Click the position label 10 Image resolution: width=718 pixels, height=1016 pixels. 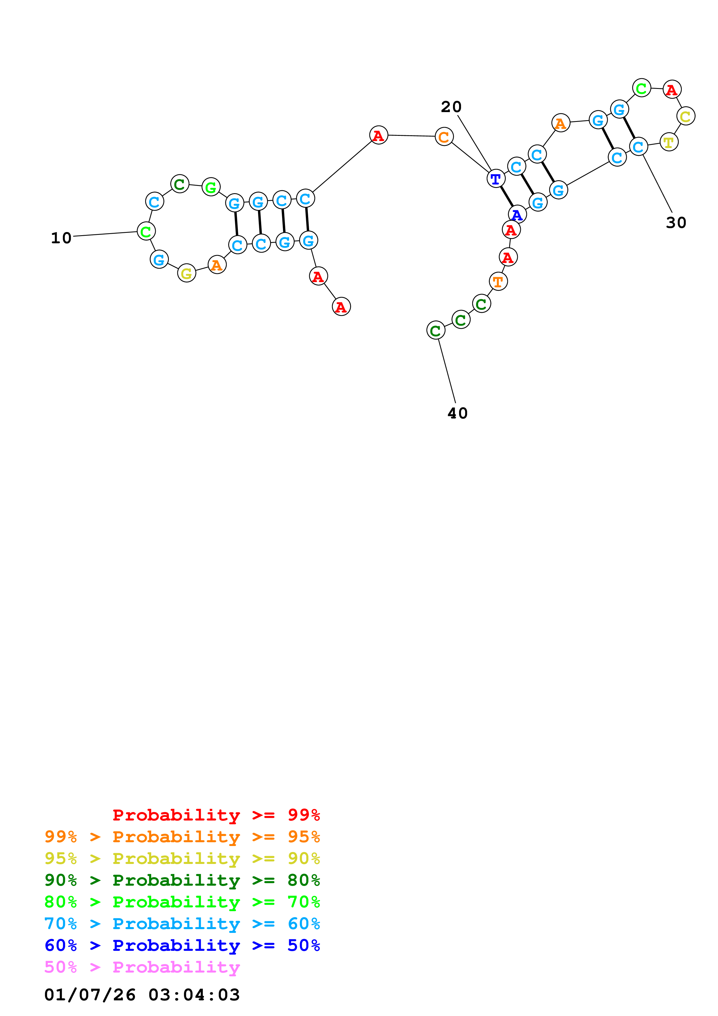point(61,238)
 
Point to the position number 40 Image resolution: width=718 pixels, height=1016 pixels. point(457,413)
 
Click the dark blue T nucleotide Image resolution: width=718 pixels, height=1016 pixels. point(496,179)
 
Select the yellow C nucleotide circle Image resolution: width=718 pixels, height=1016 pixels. point(685,116)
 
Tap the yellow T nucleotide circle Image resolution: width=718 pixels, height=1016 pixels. point(668,142)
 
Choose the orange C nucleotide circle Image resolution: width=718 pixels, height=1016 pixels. point(444,137)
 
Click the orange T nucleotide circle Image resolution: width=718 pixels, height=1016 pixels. point(498,282)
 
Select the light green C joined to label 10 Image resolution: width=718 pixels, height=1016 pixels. point(146,231)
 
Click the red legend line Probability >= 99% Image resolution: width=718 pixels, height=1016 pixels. point(216,815)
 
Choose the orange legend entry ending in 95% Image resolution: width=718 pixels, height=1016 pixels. point(182,837)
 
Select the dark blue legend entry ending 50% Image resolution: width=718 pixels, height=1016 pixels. point(182,945)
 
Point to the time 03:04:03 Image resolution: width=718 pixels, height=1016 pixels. point(194,995)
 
